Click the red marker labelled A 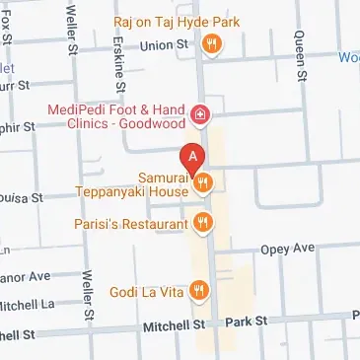(193, 157)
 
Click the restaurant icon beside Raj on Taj (210, 43)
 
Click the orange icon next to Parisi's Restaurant (203, 223)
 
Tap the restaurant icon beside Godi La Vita (199, 289)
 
